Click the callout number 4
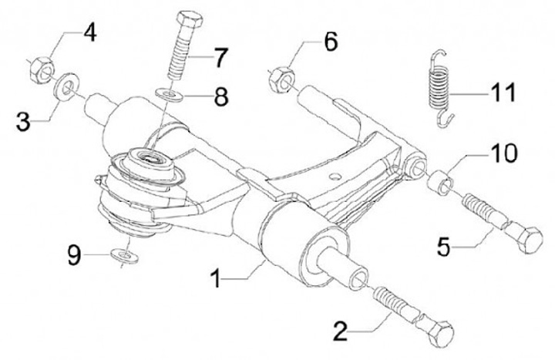pos(90,34)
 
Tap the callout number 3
pos(23,123)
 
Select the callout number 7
pos(220,59)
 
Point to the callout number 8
pos(221,97)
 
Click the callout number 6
pos(331,42)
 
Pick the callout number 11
pos(503,93)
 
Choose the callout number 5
pos(443,247)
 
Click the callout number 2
pos(341,331)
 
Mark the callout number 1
pos(216,278)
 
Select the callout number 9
pos(74,256)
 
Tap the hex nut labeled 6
pos(282,80)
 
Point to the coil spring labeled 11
pos(440,87)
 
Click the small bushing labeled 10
pos(441,182)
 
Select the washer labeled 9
pos(124,256)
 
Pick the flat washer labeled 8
pos(170,95)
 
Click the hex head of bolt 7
pos(190,19)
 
